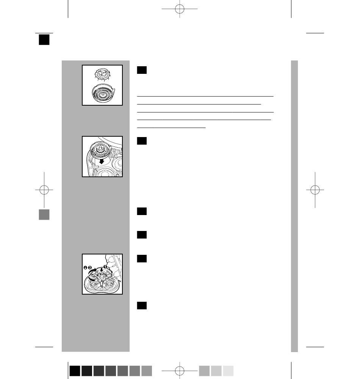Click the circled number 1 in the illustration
point(105,267)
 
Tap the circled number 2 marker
point(90,268)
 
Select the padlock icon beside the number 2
point(85,268)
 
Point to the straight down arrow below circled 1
point(102,270)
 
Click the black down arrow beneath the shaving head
point(102,161)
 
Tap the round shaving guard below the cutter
point(103,93)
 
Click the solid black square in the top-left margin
point(44,40)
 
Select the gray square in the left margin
point(44,215)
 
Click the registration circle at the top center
point(180,9)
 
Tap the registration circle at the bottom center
point(180,371)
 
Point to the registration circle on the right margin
point(315,190)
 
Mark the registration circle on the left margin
point(44,190)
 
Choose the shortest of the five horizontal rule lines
point(171,127)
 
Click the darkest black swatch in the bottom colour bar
point(75,371)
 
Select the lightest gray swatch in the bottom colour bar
point(228,371)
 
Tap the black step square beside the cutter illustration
point(142,70)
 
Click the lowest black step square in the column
point(142,306)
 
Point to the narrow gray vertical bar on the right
point(294,206)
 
